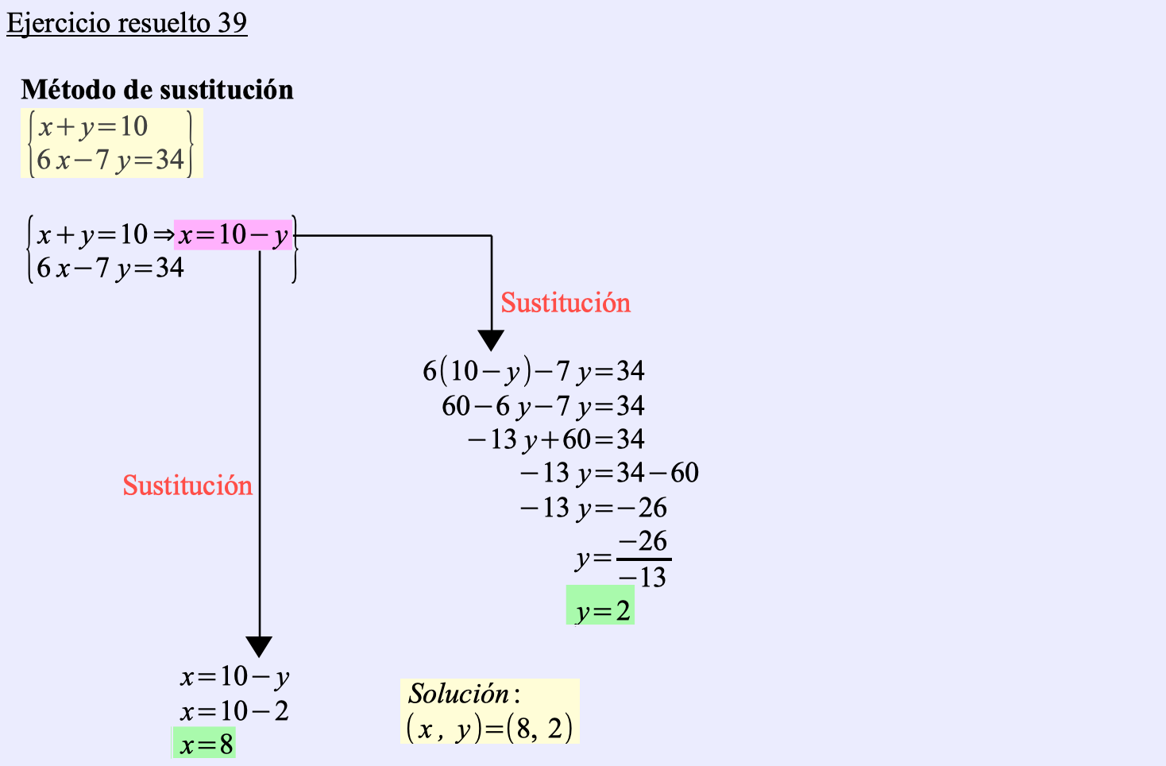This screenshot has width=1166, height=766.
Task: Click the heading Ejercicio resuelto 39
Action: tap(127, 23)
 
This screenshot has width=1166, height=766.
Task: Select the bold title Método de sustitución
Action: tap(157, 90)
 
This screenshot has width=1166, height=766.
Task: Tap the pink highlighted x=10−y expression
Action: tap(234, 235)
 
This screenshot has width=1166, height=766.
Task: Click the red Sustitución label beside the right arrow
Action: tap(565, 303)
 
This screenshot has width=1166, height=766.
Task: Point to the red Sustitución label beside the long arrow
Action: tap(187, 486)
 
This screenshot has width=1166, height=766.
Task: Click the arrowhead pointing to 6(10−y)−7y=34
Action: tap(492, 340)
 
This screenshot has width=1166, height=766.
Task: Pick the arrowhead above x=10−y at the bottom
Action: tap(259, 646)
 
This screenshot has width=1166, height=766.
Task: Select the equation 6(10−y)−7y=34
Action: tap(533, 371)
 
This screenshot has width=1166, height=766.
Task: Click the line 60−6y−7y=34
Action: tap(542, 406)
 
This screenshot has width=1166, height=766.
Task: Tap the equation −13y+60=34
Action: tap(555, 439)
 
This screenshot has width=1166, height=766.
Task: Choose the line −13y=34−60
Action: tap(608, 474)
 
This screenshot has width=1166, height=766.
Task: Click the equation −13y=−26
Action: tap(593, 508)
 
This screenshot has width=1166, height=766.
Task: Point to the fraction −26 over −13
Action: tap(643, 559)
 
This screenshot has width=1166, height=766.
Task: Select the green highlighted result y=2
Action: tap(602, 611)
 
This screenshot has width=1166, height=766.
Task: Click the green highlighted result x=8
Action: tap(206, 745)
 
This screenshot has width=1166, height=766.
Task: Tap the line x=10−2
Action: tap(234, 711)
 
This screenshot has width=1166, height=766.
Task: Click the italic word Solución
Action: tap(459, 694)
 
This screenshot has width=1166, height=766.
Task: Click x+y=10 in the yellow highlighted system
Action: tap(93, 126)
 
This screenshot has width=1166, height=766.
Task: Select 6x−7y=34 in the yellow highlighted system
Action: tap(110, 161)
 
